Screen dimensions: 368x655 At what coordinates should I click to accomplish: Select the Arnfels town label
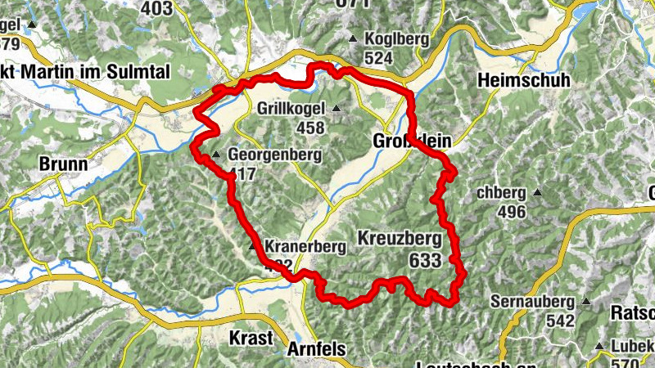click(x=318, y=349)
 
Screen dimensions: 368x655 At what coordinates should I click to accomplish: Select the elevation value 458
click(x=311, y=128)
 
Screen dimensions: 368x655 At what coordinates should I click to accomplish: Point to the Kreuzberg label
click(x=400, y=240)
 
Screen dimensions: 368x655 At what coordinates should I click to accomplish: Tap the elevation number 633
click(x=423, y=260)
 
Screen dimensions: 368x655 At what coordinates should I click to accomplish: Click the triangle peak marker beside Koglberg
click(x=353, y=39)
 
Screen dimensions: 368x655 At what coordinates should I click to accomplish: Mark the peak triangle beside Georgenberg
click(x=216, y=155)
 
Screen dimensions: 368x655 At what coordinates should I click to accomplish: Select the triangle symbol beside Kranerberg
click(x=253, y=245)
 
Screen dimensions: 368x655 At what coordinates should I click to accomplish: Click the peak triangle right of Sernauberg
click(x=585, y=301)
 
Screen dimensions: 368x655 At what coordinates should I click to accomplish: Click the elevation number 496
click(x=511, y=213)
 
